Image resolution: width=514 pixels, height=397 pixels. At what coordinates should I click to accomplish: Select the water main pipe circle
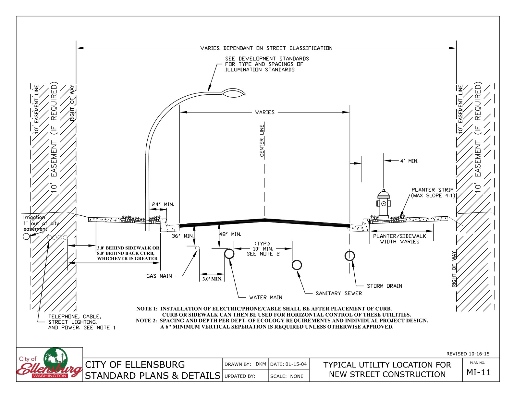point(229,254)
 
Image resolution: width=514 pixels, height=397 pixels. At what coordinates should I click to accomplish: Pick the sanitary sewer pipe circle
point(297,265)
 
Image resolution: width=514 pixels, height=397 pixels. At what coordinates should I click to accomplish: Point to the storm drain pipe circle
point(349,256)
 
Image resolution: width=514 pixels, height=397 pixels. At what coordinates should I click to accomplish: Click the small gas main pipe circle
point(197,248)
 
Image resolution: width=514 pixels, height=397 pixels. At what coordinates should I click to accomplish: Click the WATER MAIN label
point(266,297)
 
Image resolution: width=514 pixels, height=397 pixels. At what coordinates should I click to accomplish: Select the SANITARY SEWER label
point(339,293)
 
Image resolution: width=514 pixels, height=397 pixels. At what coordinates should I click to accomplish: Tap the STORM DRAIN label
point(385,286)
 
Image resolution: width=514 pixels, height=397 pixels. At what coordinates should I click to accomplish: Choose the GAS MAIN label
point(159,276)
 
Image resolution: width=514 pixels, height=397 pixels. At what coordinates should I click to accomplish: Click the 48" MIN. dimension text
point(230,234)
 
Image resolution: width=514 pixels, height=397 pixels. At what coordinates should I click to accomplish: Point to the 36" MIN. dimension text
point(183,236)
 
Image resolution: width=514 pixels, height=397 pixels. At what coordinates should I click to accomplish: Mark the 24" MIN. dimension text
point(163,204)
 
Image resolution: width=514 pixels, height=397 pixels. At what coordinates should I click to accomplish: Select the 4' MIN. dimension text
point(409,161)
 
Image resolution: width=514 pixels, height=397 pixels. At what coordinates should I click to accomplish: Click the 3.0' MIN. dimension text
point(212,279)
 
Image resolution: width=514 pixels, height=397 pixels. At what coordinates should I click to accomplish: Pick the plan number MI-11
point(479,372)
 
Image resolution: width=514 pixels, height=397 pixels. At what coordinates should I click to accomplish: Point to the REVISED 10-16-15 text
point(468,354)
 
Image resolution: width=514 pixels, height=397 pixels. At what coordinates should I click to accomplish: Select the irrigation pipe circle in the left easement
point(26,236)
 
